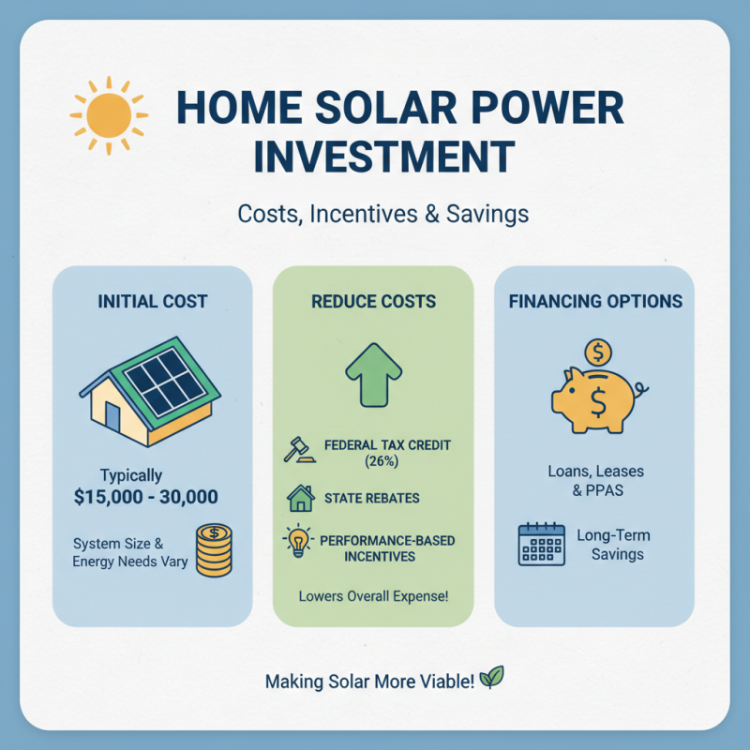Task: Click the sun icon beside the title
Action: coord(109,114)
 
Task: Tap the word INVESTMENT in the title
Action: coord(384,156)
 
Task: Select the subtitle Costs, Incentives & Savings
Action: coord(382,214)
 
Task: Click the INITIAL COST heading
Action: coord(153,302)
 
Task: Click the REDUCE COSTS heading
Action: coord(373,302)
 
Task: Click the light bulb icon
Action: coord(297,543)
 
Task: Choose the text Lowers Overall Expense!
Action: coord(373,595)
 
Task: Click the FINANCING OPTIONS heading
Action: coord(595,302)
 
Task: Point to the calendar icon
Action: coord(541,545)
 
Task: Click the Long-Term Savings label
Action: coord(615,545)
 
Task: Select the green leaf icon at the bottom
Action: coord(491,677)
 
